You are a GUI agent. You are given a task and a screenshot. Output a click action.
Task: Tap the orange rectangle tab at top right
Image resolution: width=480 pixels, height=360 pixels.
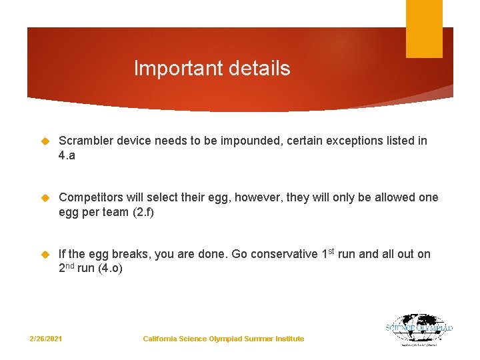tap(424, 29)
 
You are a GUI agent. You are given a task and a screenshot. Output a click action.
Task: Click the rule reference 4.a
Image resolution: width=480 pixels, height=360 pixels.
tap(67, 155)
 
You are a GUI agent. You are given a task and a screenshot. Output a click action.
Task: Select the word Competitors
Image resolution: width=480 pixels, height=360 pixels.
tap(91, 197)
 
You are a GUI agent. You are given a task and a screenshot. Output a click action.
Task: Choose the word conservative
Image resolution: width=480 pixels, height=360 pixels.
tap(283, 254)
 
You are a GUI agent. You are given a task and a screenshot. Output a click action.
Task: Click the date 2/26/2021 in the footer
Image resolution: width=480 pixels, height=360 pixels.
tap(46, 339)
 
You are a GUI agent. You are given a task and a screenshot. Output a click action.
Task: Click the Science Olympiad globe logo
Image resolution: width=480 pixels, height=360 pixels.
tap(419, 329)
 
